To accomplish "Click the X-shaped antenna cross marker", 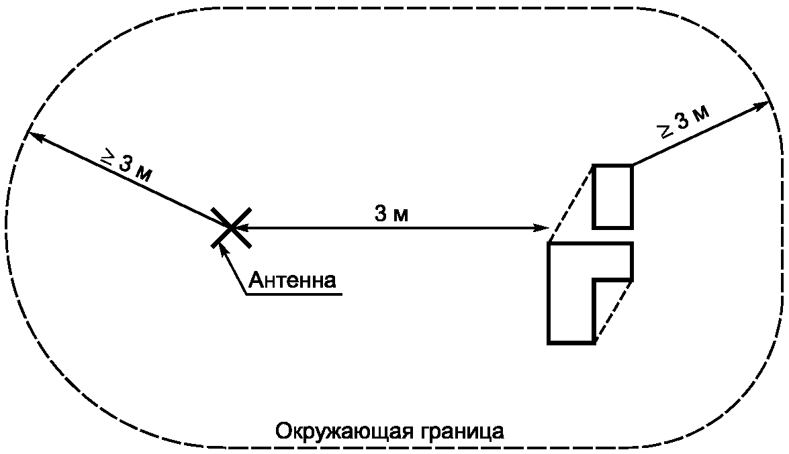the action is (x=231, y=228).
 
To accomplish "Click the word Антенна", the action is (x=292, y=280).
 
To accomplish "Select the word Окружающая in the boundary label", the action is (x=342, y=431).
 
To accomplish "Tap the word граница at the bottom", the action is (x=459, y=433).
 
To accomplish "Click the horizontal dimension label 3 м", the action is (x=391, y=214).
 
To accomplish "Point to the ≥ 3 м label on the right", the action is (x=685, y=121).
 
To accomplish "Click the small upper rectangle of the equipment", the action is (x=612, y=166).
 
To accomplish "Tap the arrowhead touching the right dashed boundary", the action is (x=762, y=105).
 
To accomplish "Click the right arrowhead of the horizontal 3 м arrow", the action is (x=542, y=228).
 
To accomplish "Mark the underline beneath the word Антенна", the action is (x=294, y=294).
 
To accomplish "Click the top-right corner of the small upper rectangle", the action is (x=632, y=165).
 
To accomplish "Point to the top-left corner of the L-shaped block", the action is (x=549, y=243).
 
